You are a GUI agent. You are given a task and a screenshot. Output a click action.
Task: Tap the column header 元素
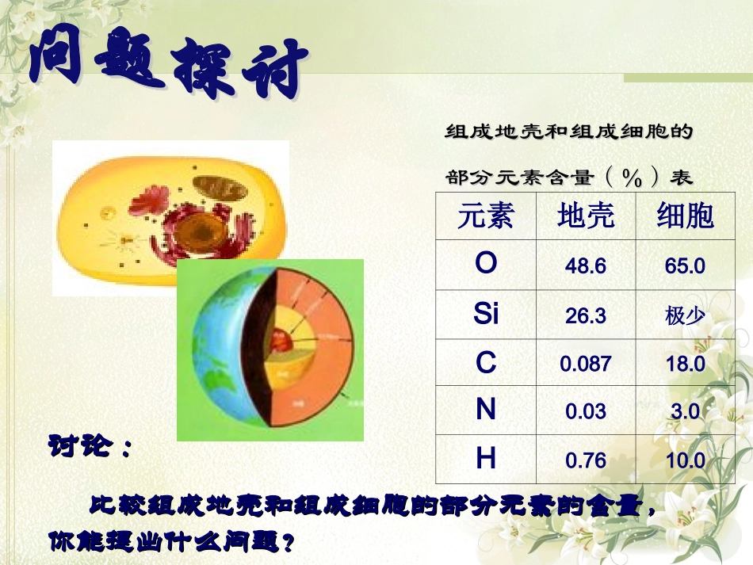tap(485, 216)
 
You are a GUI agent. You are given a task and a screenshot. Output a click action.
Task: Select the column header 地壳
tap(586, 216)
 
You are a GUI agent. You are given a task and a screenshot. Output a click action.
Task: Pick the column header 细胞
tap(685, 216)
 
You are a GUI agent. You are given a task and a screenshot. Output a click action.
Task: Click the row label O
tap(486, 264)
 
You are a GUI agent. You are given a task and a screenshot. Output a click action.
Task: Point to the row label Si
tap(486, 315)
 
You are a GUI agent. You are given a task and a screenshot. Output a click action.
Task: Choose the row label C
tap(486, 363)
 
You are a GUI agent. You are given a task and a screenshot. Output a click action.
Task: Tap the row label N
tap(486, 410)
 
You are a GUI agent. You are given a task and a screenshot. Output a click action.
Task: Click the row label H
tap(486, 459)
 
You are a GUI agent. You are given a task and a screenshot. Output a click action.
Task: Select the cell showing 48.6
tap(586, 266)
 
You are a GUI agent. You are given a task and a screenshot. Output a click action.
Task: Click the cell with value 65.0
tap(685, 266)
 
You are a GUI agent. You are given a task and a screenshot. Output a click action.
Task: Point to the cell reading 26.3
tap(586, 316)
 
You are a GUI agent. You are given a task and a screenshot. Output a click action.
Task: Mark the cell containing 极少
tap(685, 316)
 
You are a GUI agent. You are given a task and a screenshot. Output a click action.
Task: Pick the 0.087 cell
tap(586, 364)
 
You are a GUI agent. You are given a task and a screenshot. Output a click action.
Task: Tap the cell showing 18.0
tap(685, 364)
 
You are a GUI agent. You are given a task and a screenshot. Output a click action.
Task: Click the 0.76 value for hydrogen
tap(586, 460)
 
